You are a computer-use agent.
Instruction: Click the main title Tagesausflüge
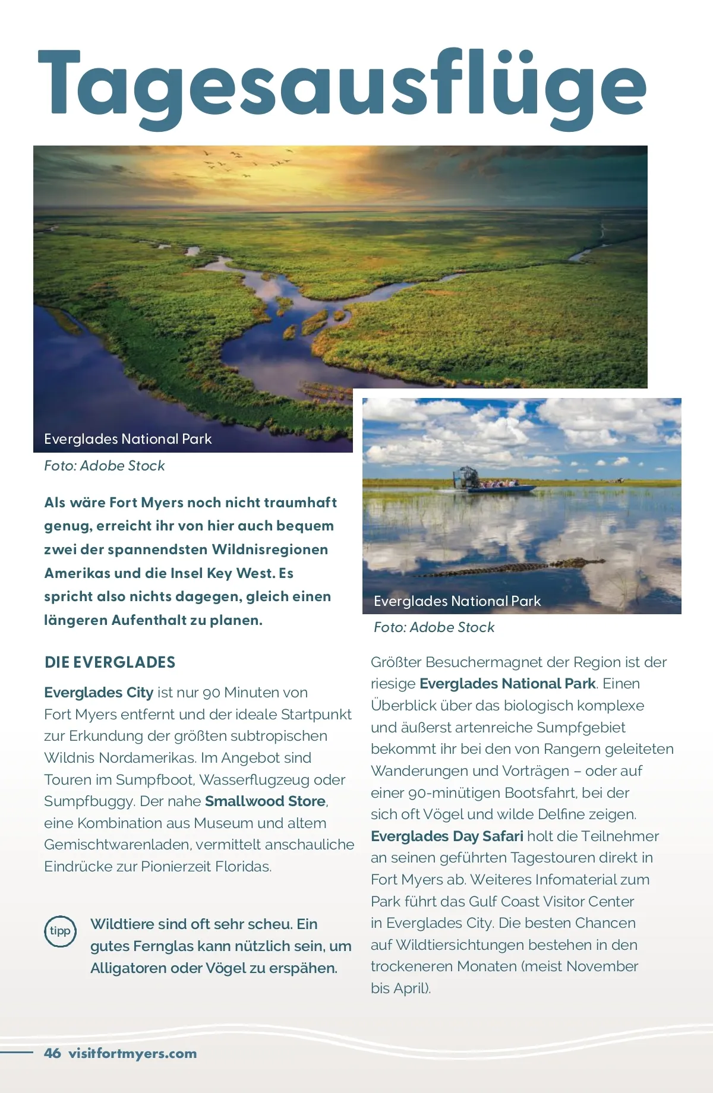pyautogui.click(x=342, y=83)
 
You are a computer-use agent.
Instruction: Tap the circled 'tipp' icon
pyautogui.click(x=60, y=931)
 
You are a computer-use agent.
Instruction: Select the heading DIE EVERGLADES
pyautogui.click(x=110, y=662)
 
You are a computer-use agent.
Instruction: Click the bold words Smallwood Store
pyautogui.click(x=265, y=801)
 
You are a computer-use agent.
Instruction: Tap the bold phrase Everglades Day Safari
pyautogui.click(x=447, y=836)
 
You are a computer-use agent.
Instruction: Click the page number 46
pyautogui.click(x=52, y=1053)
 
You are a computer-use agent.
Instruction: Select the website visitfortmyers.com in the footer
pyautogui.click(x=132, y=1054)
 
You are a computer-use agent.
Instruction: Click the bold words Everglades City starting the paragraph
pyautogui.click(x=99, y=693)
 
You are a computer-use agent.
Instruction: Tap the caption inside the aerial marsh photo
pyautogui.click(x=128, y=439)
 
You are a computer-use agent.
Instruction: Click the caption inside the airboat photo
pyautogui.click(x=457, y=601)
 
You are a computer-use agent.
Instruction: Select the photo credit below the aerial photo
pyautogui.click(x=104, y=466)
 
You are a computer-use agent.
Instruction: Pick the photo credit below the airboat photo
pyautogui.click(x=434, y=627)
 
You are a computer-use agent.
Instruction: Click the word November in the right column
pyautogui.click(x=602, y=966)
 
